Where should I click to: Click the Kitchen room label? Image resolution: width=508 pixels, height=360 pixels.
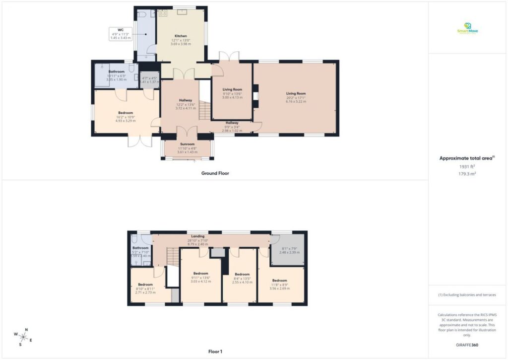click(181, 36)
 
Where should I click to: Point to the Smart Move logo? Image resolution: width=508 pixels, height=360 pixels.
click(467, 29)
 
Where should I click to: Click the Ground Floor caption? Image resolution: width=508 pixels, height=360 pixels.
click(215, 173)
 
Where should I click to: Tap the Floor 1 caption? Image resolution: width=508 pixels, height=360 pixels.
click(215, 351)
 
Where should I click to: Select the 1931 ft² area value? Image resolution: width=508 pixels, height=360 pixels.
click(467, 167)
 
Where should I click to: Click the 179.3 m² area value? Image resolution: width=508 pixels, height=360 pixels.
click(467, 174)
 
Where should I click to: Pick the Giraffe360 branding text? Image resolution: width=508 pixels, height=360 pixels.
click(467, 345)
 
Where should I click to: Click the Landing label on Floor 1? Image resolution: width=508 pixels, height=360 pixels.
click(197, 236)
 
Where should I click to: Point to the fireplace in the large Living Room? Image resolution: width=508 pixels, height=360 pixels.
click(255, 96)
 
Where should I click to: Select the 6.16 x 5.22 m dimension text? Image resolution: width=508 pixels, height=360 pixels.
click(295, 101)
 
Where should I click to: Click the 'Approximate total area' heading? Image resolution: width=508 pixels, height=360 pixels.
click(466, 158)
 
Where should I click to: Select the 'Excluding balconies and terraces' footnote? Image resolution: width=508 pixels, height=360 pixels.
click(467, 295)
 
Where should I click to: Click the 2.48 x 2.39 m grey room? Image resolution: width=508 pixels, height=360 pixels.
click(288, 250)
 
